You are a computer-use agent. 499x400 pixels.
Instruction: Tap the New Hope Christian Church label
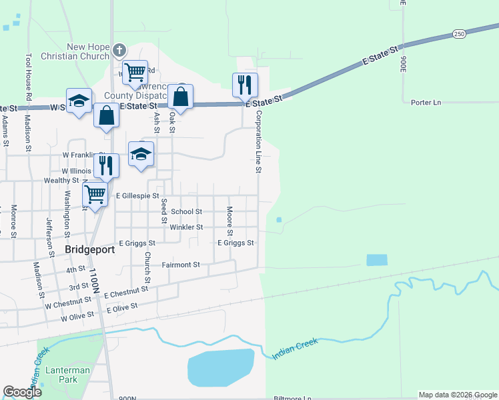tap(88, 51)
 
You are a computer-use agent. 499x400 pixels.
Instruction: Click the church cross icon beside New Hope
tap(119, 51)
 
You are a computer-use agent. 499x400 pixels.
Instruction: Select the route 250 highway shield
tap(458, 33)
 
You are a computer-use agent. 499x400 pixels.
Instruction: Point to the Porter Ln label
tap(426, 103)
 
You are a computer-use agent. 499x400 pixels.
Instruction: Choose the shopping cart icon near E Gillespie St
tap(95, 195)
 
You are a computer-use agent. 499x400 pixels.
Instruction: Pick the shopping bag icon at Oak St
tap(181, 97)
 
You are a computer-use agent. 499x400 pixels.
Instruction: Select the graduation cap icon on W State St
tap(79, 101)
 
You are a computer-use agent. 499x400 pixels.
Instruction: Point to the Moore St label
tap(229, 221)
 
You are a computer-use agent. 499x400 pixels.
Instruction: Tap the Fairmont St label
tap(181, 265)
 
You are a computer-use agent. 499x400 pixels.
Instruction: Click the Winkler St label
tap(186, 227)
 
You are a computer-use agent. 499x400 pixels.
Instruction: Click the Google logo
tap(23, 392)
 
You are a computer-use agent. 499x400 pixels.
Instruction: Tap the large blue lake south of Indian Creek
tap(221, 366)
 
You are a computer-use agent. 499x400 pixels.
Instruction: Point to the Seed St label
tap(163, 209)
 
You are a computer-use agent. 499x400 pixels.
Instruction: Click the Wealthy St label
tap(61, 181)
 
